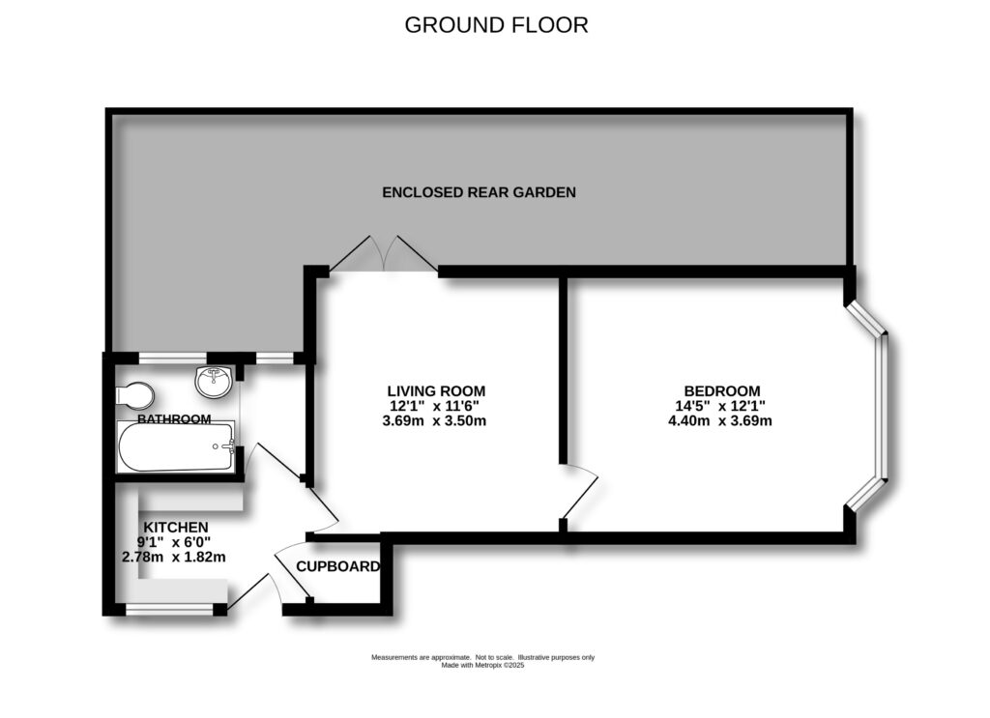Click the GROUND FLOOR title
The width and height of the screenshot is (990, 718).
coord(496,25)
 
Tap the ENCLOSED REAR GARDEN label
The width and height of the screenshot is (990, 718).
coord(479,192)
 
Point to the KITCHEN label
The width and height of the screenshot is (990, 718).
coord(175,527)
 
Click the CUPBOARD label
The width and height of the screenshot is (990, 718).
coord(337,567)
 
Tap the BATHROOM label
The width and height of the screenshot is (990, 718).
coord(174,419)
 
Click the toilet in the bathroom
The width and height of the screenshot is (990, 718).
coord(134,394)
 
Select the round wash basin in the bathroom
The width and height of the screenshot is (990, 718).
coord(213,383)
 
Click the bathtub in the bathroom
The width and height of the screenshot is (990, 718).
coord(175,447)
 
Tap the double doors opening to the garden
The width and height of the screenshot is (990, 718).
coord(383,255)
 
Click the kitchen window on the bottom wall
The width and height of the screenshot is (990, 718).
coord(169,609)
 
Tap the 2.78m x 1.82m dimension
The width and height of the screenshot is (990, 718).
coord(175,557)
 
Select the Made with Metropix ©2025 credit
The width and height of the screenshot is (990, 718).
coord(482,665)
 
